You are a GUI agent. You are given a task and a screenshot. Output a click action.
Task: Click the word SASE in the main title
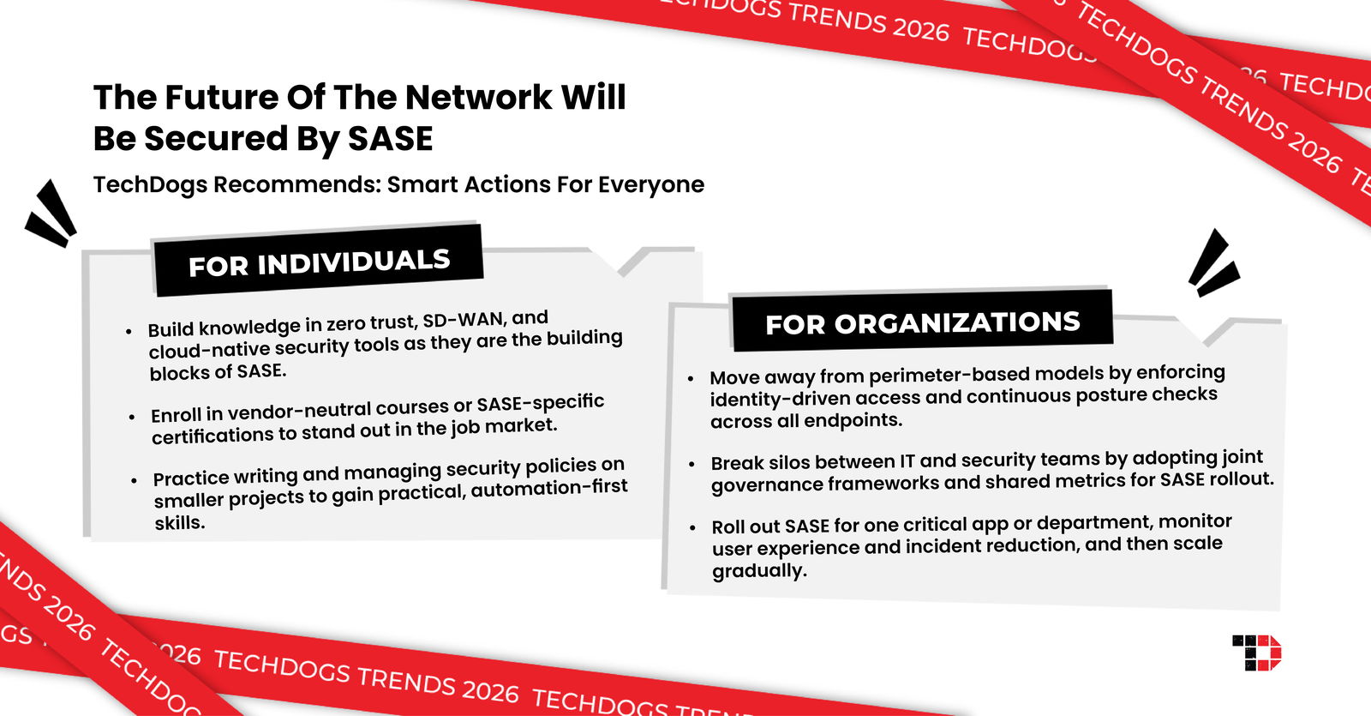(x=390, y=139)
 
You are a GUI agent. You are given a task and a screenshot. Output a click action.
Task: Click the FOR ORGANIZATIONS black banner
(x=922, y=323)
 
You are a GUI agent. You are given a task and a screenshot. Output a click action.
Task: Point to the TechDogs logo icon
(x=1256, y=653)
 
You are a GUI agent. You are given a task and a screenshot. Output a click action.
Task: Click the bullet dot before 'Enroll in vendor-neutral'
(x=131, y=417)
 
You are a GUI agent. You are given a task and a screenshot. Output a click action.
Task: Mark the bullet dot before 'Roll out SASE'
(x=692, y=527)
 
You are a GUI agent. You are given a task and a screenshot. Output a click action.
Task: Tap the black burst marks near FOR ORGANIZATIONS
(x=1212, y=263)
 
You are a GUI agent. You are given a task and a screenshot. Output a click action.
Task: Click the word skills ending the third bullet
(x=179, y=523)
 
